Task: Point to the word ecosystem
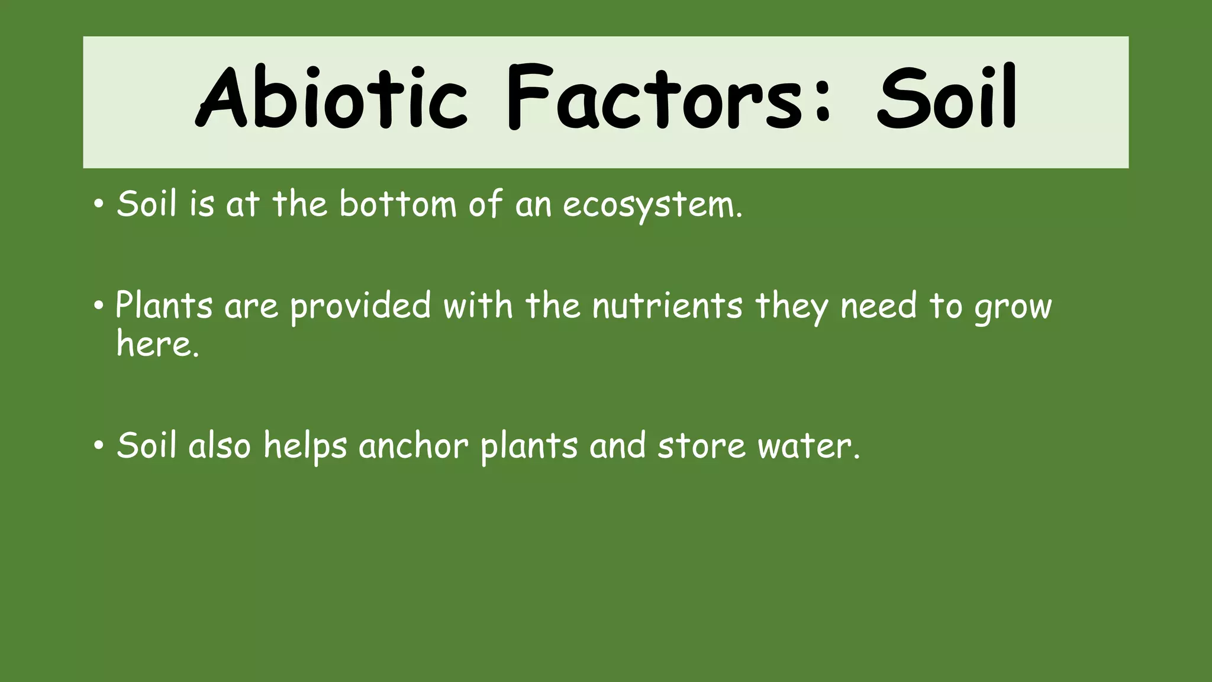coord(651,205)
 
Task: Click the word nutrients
coord(667,306)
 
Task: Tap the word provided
coord(360,307)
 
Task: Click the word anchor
coord(413,445)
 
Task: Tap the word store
coord(701,446)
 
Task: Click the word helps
coord(305,446)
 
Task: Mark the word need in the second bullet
coord(878,306)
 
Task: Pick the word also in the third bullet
coord(220,445)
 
